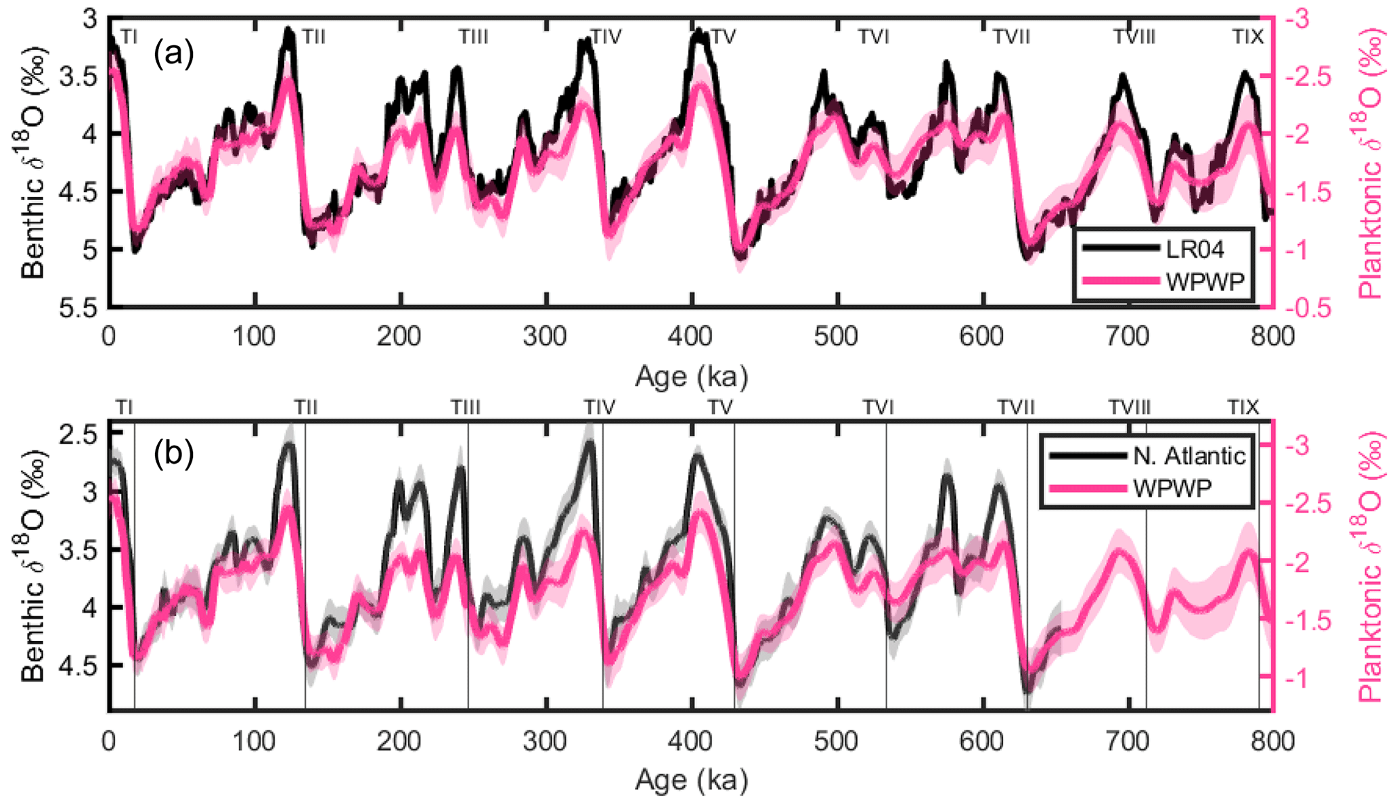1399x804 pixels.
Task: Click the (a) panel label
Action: [x=174, y=53]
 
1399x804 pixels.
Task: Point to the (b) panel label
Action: [x=174, y=454]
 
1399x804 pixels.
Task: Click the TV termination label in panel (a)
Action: [x=723, y=37]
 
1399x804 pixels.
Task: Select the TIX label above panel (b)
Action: [x=1243, y=407]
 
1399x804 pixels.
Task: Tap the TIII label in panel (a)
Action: [x=473, y=37]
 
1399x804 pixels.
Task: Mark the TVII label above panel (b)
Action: [x=1016, y=407]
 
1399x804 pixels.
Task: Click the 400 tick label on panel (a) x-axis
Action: [x=691, y=336]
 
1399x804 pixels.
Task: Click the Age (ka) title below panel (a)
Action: [x=691, y=376]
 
